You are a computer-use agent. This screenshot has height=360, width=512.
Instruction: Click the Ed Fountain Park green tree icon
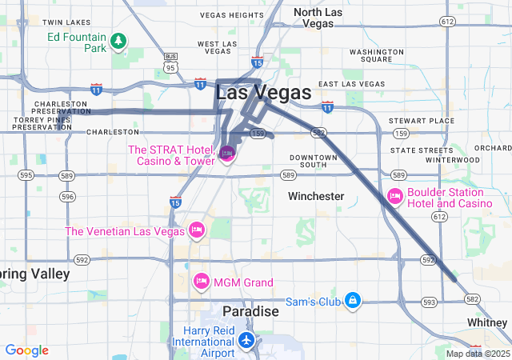click(x=118, y=39)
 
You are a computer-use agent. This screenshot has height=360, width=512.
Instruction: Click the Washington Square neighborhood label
click(x=370, y=55)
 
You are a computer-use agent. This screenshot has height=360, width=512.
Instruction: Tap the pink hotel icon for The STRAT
click(x=227, y=152)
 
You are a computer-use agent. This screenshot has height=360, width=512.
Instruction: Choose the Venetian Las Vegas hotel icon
click(x=196, y=231)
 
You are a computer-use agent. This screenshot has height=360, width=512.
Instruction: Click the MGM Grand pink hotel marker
click(x=202, y=282)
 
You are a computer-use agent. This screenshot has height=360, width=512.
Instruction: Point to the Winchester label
click(x=316, y=196)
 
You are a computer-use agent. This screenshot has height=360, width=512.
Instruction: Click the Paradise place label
click(x=250, y=310)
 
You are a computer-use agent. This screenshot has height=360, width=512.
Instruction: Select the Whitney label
click(x=488, y=322)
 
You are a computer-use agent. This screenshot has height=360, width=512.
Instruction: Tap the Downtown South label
click(x=314, y=162)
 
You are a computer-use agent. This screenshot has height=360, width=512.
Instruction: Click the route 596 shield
click(x=67, y=196)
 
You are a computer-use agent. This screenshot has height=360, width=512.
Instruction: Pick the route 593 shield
click(x=430, y=302)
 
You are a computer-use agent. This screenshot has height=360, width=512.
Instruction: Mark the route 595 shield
click(x=26, y=175)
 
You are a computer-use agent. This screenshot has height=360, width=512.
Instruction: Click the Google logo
click(x=26, y=350)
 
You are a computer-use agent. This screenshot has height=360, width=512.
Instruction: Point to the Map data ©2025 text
click(x=477, y=354)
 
